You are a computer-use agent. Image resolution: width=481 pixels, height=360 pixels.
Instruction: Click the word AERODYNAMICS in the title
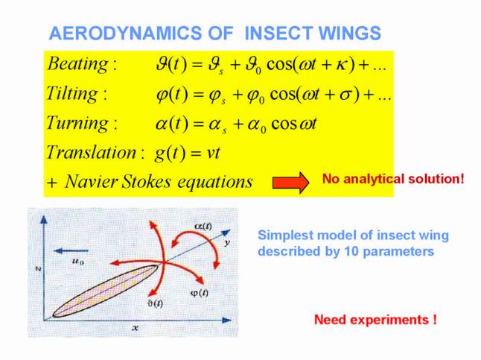tap(126, 34)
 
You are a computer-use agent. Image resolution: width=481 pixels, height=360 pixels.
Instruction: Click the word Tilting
tap(72, 94)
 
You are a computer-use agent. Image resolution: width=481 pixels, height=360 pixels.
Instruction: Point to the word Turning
tap(77, 124)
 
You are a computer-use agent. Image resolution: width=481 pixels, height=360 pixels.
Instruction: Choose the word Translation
tap(92, 152)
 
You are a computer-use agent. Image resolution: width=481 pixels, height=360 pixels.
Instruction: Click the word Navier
tap(92, 182)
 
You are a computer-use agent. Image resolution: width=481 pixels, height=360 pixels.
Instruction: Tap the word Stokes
tap(147, 182)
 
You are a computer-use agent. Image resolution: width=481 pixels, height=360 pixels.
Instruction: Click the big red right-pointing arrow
tap(291, 183)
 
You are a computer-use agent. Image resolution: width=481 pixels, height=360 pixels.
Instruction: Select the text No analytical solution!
tap(393, 178)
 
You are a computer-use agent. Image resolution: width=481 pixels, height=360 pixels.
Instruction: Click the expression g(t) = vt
tap(188, 153)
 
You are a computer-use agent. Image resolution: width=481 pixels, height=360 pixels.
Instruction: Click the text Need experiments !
tap(375, 320)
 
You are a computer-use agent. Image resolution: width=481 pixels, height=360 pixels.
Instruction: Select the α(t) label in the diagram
tap(203, 227)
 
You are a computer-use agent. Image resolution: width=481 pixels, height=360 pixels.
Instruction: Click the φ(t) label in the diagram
tap(200, 294)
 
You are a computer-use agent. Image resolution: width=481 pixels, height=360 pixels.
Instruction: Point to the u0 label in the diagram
tap(78, 262)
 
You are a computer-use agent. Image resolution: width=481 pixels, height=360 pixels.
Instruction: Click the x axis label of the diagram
tap(136, 328)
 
